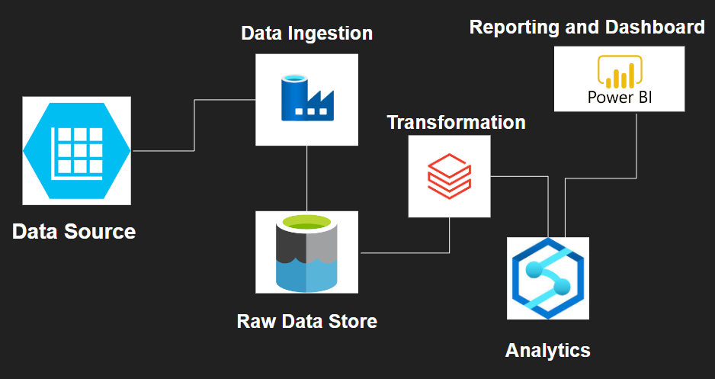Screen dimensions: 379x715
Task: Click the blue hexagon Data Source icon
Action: pyautogui.click(x=76, y=150)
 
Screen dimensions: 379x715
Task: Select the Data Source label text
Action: pyautogui.click(x=74, y=231)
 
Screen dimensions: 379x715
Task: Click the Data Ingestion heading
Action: pyautogui.click(x=306, y=34)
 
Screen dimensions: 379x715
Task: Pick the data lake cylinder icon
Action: pyautogui.click(x=306, y=253)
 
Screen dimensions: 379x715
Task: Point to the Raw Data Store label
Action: pyautogui.click(x=306, y=321)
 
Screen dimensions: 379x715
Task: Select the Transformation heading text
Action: pyautogui.click(x=456, y=122)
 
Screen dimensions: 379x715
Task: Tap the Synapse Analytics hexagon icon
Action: pyautogui.click(x=547, y=278)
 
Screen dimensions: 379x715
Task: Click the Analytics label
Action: pyautogui.click(x=547, y=350)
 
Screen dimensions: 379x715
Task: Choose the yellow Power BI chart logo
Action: pyautogui.click(x=619, y=72)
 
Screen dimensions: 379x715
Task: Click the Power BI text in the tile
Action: pyautogui.click(x=619, y=98)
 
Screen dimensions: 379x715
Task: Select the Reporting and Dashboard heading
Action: pyautogui.click(x=587, y=27)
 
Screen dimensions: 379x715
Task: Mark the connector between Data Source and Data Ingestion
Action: pyautogui.click(x=195, y=126)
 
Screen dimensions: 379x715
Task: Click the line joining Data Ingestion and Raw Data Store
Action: pyautogui.click(x=306, y=178)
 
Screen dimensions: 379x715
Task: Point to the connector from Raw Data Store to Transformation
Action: pyautogui.click(x=404, y=252)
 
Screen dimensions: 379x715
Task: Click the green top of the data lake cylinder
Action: pyautogui.click(x=306, y=223)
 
